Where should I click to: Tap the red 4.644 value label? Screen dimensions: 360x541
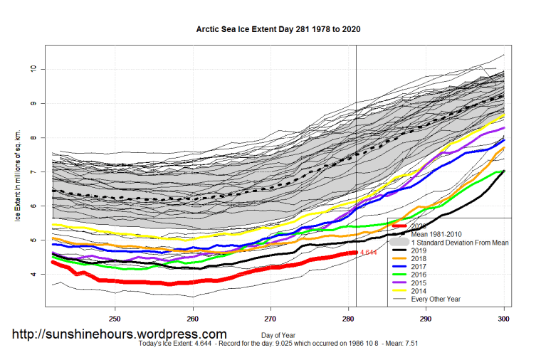(x=368, y=253)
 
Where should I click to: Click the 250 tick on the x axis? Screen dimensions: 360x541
(x=115, y=318)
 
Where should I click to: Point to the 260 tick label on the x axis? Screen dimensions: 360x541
(x=192, y=318)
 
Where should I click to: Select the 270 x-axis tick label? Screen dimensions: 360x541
(x=270, y=318)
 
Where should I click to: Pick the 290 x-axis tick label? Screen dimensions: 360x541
(x=426, y=318)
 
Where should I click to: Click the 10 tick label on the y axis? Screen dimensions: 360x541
(x=32, y=69)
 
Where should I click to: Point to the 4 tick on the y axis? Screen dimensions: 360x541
(x=32, y=274)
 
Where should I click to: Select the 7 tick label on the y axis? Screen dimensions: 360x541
(x=32, y=171)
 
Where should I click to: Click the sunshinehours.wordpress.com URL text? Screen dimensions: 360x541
(x=120, y=334)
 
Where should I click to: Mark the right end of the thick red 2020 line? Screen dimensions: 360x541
(x=355, y=253)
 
